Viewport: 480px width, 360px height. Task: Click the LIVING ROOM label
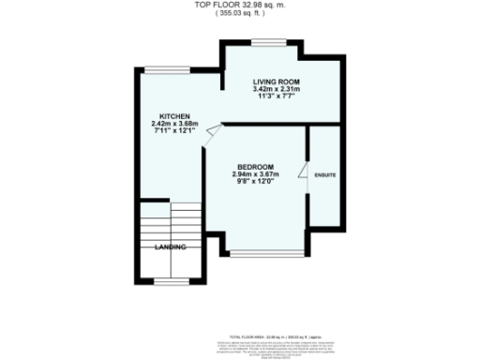click(x=275, y=82)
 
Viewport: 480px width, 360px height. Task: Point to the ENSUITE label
click(x=325, y=175)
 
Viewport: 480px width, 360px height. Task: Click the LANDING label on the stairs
click(x=171, y=247)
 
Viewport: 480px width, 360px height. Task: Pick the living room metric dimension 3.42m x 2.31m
click(x=275, y=90)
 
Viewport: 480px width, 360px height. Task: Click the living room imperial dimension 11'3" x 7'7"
click(x=275, y=97)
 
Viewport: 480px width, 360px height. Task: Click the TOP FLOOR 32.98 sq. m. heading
click(x=241, y=5)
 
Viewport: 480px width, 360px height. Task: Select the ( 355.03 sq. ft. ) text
click(x=241, y=13)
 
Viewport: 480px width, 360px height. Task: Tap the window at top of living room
click(x=268, y=41)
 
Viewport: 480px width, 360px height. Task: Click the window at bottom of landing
click(x=170, y=280)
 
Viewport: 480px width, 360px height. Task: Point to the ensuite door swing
click(x=304, y=172)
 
